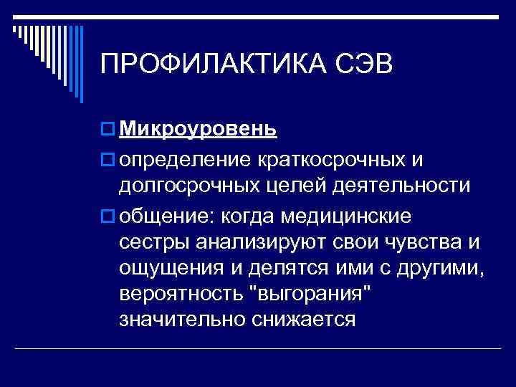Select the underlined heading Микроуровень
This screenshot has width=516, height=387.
(x=198, y=129)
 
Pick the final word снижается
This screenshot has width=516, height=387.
(x=303, y=320)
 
